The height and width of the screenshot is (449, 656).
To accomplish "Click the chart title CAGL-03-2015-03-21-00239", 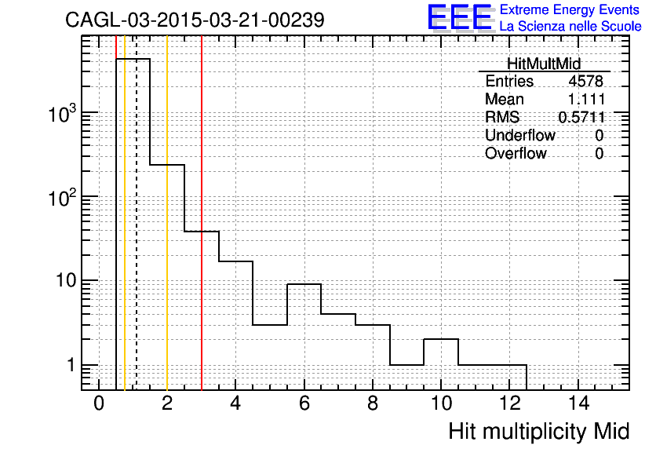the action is point(195,20).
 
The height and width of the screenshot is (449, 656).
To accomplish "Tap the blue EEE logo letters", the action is point(459,17).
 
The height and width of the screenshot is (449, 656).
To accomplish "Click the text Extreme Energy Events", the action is point(570,9).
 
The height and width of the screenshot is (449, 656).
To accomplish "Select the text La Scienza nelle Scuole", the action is point(570,26).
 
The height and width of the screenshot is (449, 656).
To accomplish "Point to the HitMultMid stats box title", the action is point(544,64).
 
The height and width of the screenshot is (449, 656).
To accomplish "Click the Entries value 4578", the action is point(585,81).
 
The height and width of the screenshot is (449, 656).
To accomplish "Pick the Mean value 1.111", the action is point(586,99).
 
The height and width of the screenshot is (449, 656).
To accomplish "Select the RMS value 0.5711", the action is point(581,117).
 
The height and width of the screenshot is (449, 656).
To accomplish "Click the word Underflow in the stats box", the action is point(520,135).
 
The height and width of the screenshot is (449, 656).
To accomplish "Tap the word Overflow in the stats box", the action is point(516,153).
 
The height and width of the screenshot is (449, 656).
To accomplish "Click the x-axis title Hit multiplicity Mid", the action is point(539,432).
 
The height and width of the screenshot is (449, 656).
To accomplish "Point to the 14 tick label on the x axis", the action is point(578,403).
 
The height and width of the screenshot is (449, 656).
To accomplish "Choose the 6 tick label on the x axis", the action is point(304,403).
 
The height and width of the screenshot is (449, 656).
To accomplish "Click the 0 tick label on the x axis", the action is point(99,403).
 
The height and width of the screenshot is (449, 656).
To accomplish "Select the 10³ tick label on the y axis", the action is point(62,115).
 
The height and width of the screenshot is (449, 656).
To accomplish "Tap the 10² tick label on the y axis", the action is point(62,199).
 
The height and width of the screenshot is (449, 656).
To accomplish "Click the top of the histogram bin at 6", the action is point(304,284).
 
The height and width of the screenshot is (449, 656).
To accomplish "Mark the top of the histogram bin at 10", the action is point(441,339).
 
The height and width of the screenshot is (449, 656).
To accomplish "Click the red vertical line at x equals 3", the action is point(202,213).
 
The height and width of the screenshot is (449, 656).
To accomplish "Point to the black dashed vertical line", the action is point(137,213).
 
